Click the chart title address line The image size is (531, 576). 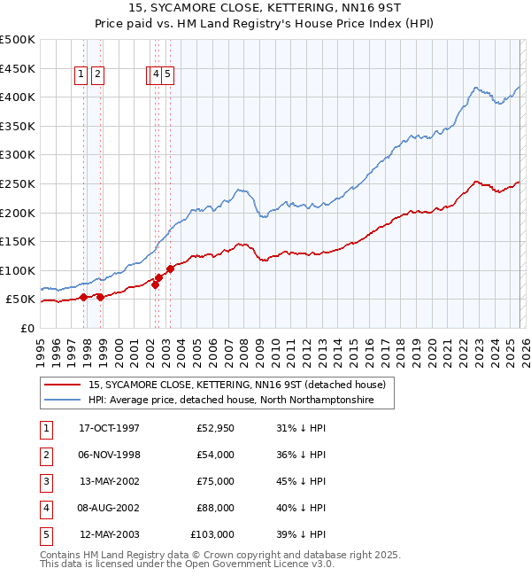click(265, 8)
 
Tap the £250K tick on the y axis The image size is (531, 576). click(18, 183)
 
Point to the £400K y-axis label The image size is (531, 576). click(18, 97)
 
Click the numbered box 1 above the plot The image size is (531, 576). click(81, 75)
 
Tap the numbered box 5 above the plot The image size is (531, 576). click(167, 75)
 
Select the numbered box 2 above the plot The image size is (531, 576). click(96, 75)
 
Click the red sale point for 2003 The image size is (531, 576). click(170, 269)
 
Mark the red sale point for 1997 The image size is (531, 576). click(83, 298)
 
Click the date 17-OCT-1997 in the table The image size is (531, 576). click(109, 428)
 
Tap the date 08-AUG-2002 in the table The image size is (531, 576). click(109, 508)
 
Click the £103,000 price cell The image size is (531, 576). click(212, 534)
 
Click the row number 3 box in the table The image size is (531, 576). click(44, 481)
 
